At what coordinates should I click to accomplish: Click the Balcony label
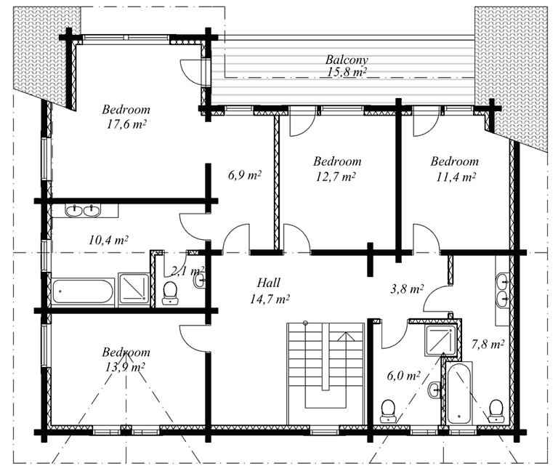(347, 60)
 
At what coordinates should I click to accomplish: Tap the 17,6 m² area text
(126, 124)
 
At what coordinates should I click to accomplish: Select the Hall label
(269, 283)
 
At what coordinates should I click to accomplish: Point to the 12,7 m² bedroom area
(335, 177)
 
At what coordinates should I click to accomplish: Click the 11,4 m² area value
(456, 177)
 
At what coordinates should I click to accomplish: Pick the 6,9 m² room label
(244, 175)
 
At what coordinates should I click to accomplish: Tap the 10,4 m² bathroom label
(108, 240)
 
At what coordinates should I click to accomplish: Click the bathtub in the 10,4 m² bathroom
(83, 291)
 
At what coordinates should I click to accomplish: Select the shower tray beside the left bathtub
(134, 289)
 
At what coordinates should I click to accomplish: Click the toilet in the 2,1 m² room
(170, 293)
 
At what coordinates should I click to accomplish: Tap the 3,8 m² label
(407, 289)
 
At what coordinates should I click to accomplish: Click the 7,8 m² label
(488, 345)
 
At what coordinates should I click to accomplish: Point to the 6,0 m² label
(403, 376)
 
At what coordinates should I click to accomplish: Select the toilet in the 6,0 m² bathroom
(388, 411)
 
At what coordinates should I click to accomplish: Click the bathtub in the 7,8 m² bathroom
(459, 392)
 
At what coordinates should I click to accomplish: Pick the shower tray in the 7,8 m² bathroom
(440, 341)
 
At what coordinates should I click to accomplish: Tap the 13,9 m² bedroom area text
(124, 366)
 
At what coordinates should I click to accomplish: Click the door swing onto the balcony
(191, 70)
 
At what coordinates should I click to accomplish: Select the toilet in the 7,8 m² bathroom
(496, 411)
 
